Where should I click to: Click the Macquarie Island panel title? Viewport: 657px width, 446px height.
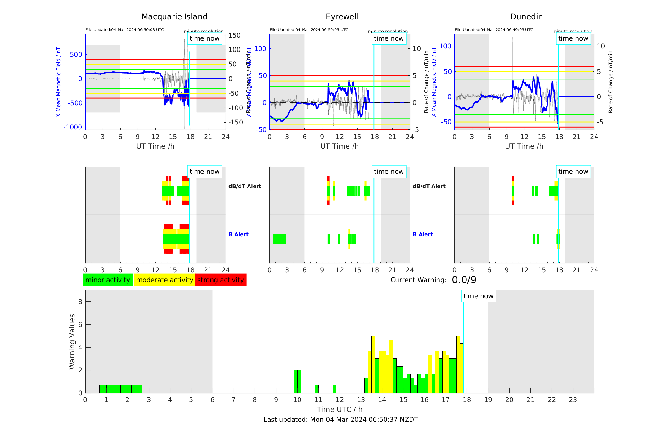pos(174,17)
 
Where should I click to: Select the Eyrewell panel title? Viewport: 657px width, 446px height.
pos(342,17)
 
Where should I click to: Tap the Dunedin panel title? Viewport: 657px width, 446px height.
pos(526,17)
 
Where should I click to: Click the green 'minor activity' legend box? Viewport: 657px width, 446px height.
pos(108,280)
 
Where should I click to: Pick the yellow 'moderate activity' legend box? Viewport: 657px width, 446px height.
pos(164,280)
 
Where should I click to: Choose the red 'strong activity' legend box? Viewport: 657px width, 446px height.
pos(221,280)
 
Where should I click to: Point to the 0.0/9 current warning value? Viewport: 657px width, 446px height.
pos(464,280)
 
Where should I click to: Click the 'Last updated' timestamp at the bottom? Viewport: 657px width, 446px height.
pos(340,420)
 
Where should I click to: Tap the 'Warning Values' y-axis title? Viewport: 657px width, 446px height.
pos(72,341)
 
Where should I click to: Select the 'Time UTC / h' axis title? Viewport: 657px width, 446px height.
pos(340,409)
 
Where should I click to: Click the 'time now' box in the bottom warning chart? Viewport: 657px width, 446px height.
pos(478,296)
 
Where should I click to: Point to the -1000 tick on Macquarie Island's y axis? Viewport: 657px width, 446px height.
pos(73,127)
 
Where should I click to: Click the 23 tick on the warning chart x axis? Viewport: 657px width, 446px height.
pos(573,400)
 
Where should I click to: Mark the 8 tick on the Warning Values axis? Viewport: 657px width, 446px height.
pos(80,302)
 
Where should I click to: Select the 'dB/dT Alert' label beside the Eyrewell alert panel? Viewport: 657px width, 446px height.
pos(429,186)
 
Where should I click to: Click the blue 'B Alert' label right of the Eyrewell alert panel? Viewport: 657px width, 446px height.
pos(423,234)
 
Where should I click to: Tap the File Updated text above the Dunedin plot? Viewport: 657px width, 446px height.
pos(494,30)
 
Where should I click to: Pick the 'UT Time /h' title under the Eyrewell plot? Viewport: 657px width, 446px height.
pos(340,146)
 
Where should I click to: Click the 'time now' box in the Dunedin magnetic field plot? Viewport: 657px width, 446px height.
pos(573,38)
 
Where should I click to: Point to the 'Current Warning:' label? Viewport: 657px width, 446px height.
pos(418,280)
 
